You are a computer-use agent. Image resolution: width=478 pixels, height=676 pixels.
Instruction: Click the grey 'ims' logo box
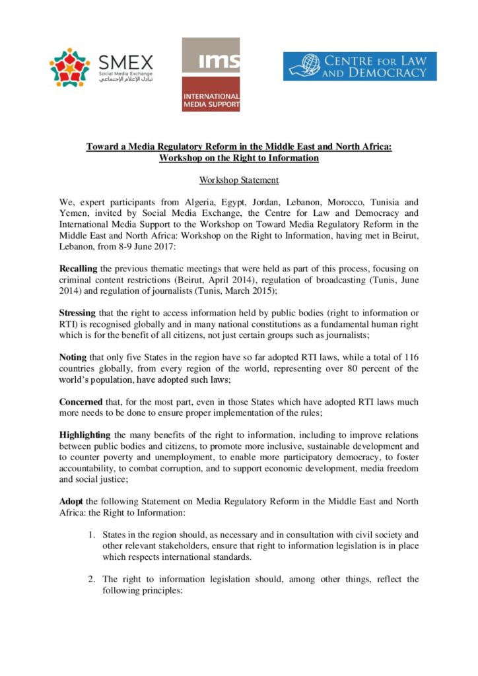pos(211,55)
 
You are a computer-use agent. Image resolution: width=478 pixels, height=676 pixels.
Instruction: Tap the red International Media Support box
pos(211,94)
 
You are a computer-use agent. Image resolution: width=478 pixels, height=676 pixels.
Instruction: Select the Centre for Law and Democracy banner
pos(360,67)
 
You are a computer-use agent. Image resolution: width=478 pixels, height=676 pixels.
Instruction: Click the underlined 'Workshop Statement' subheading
pos(239,180)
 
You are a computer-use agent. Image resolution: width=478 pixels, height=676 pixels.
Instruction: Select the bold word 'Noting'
pos(72,356)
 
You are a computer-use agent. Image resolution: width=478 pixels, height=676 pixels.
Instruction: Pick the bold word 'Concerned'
pos(81,401)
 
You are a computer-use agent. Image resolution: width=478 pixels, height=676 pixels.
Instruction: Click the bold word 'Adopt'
pos(70,501)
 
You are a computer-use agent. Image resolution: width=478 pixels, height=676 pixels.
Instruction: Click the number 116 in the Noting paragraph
pos(409,356)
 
